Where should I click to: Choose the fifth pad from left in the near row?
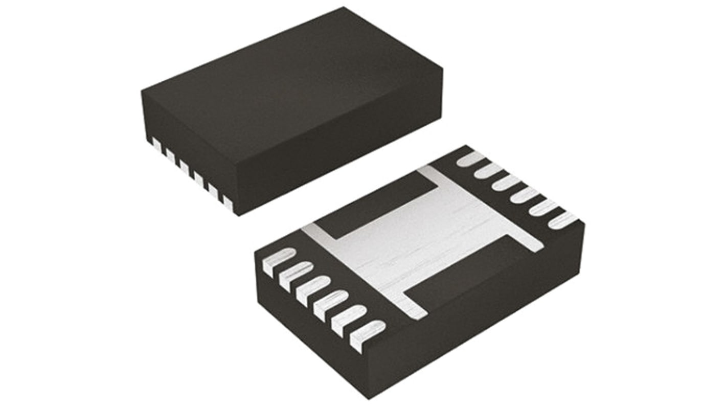pos(349,320)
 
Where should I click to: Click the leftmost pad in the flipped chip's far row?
pos(471,159)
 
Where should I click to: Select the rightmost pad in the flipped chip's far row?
pos(562,220)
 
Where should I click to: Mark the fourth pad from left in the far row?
pos(525,195)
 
